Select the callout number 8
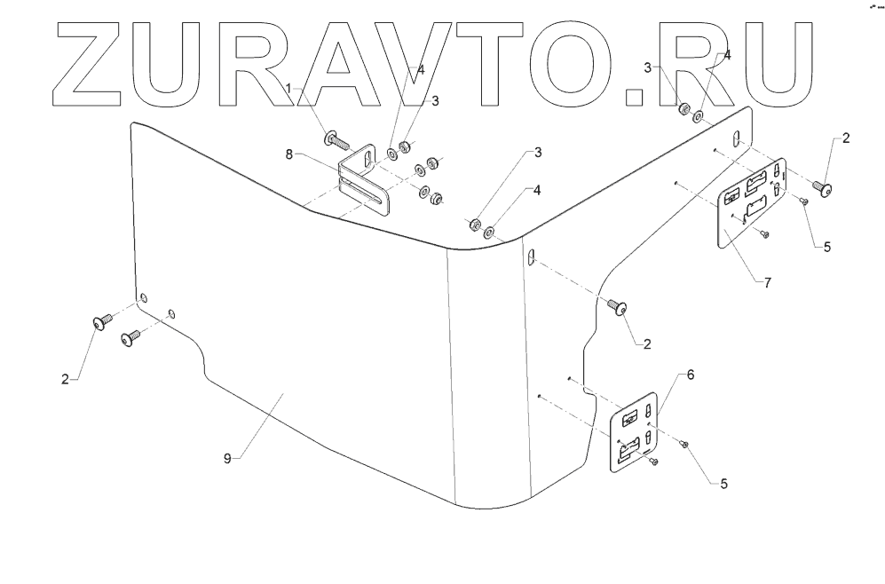(289, 154)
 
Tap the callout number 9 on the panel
(227, 458)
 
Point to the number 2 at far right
(846, 138)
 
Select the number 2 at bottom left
(65, 379)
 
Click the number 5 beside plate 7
(826, 248)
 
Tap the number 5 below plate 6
(724, 485)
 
